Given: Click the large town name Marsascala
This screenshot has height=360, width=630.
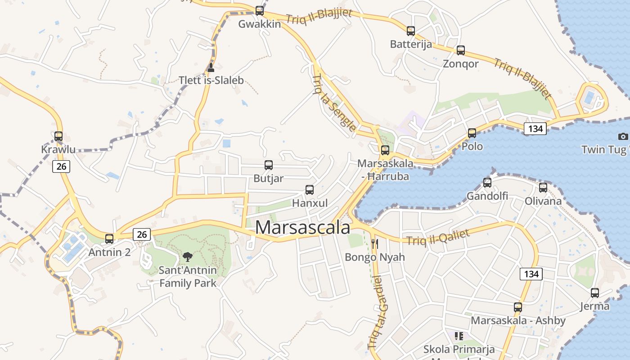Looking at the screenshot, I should point(302,227).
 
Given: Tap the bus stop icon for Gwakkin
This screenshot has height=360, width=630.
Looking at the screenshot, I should point(260,10).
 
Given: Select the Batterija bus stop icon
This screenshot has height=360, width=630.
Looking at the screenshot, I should point(411,31).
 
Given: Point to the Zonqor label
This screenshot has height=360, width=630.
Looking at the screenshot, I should point(460,63).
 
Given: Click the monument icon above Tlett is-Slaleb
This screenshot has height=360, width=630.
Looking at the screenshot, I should point(211,67).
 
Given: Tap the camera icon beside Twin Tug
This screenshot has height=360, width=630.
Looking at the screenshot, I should point(623,136).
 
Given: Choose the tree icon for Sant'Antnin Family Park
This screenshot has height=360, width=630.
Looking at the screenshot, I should point(188,257).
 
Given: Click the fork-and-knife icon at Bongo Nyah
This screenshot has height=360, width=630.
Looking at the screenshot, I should point(374,244).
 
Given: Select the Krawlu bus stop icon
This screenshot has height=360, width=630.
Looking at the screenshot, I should point(58,136).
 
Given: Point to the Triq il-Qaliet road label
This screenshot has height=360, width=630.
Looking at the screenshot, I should point(438,237).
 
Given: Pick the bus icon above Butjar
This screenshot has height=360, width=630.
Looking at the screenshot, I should point(269,165).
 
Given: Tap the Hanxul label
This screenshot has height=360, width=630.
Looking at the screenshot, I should point(310,203).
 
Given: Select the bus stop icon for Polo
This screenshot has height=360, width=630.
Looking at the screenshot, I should point(472,133).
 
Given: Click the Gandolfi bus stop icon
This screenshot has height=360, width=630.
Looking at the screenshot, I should point(487,182).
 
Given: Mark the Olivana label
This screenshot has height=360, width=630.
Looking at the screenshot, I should point(543,201).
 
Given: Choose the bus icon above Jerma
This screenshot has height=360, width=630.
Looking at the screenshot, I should point(595,293).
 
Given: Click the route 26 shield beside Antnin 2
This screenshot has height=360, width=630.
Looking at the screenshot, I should point(142,234).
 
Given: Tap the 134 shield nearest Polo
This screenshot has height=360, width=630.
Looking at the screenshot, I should point(535,129).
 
